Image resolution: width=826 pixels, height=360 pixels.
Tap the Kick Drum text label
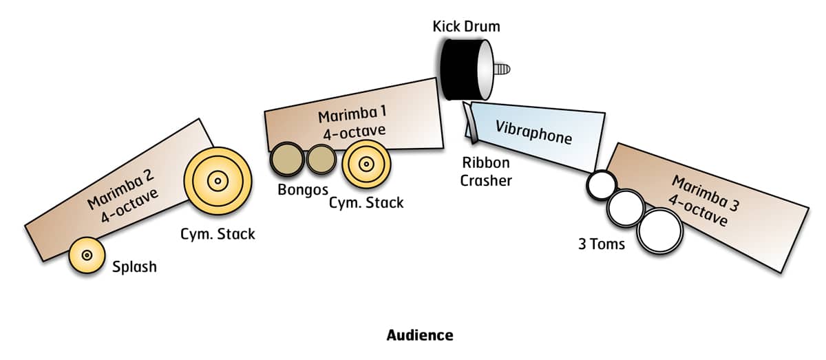[466, 27]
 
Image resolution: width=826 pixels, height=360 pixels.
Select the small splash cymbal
[87, 255]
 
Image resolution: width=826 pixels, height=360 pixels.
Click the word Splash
[134, 266]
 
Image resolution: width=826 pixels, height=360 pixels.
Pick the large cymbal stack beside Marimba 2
[218, 181]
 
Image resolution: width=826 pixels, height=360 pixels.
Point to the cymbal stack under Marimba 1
[366, 165]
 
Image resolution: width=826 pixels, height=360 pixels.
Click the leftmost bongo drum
[286, 160]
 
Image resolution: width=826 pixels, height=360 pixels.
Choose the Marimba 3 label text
[700, 199]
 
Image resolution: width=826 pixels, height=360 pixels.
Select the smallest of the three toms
[600, 184]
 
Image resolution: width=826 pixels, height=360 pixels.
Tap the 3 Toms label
[602, 244]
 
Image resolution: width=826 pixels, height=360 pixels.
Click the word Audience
[420, 335]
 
